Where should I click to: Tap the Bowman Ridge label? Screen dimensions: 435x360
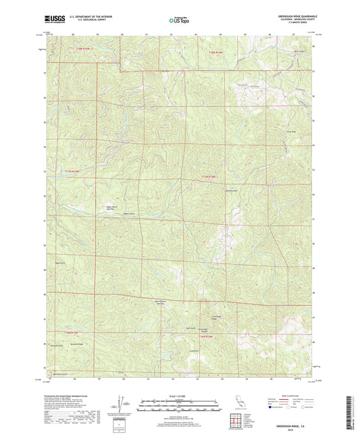[76, 344]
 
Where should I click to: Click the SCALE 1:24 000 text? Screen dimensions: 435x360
[180, 398]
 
